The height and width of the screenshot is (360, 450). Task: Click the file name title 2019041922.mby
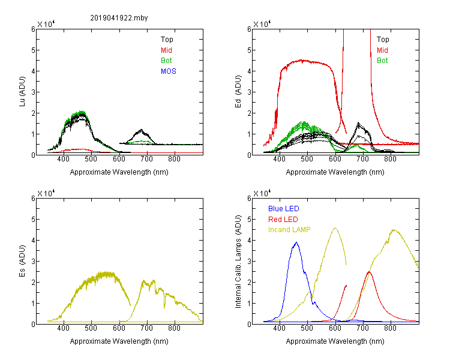[x=119, y=18]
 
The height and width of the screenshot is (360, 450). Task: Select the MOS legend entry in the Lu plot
[x=169, y=71]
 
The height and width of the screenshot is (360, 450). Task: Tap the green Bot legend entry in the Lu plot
[x=166, y=61]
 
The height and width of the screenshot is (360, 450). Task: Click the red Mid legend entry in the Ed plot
[x=382, y=50]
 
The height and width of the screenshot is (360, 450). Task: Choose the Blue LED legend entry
[x=284, y=209]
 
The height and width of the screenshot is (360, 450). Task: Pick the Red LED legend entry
[x=283, y=220]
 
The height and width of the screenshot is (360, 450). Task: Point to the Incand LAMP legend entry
[x=289, y=230]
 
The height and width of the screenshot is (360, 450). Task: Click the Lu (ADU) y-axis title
[x=22, y=91]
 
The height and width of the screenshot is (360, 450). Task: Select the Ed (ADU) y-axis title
[x=238, y=91]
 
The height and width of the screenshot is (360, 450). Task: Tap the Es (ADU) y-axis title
[x=22, y=260]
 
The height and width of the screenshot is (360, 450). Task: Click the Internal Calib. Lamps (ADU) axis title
[x=238, y=262]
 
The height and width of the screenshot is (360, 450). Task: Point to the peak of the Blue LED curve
[x=296, y=242]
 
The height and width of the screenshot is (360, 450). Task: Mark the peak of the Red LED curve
[x=369, y=272]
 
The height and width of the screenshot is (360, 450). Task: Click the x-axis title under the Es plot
[x=119, y=341]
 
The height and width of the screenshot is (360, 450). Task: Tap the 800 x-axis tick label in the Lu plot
[x=174, y=159]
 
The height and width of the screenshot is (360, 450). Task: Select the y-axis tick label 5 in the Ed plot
[x=249, y=50]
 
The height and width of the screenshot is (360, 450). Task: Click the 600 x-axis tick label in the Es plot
[x=119, y=328]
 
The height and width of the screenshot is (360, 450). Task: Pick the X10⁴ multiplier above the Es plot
[x=46, y=193]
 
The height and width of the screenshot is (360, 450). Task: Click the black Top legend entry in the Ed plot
[x=383, y=40]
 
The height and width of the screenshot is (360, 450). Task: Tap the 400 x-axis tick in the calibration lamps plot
[x=280, y=328]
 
